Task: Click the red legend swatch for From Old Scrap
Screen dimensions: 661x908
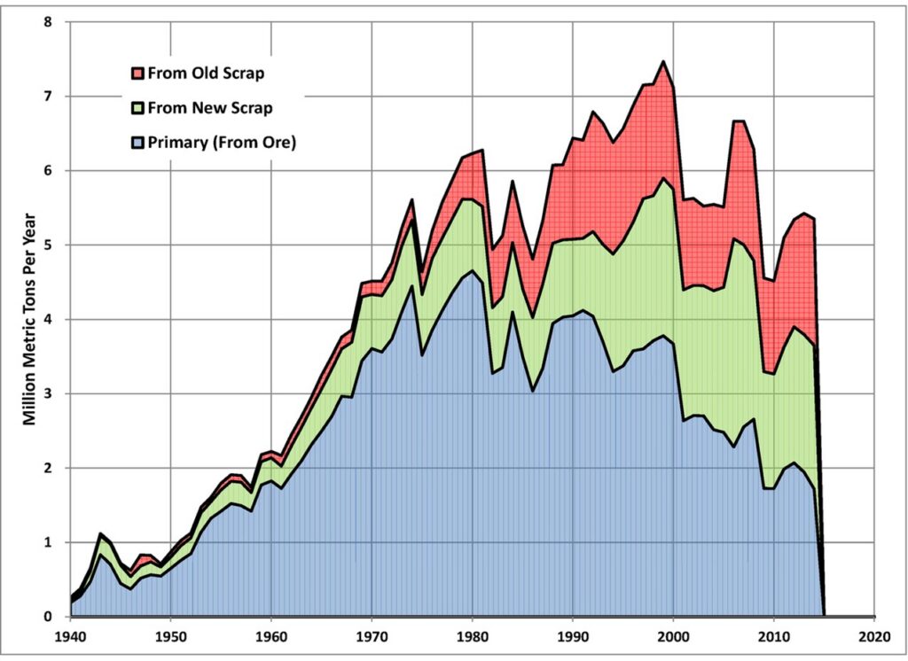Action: point(137,73)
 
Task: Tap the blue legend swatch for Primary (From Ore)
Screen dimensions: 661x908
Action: point(137,140)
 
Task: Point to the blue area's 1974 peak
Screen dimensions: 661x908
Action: point(411,286)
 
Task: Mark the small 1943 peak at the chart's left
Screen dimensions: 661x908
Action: point(101,533)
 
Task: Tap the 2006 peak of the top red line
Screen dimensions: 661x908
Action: point(734,121)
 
